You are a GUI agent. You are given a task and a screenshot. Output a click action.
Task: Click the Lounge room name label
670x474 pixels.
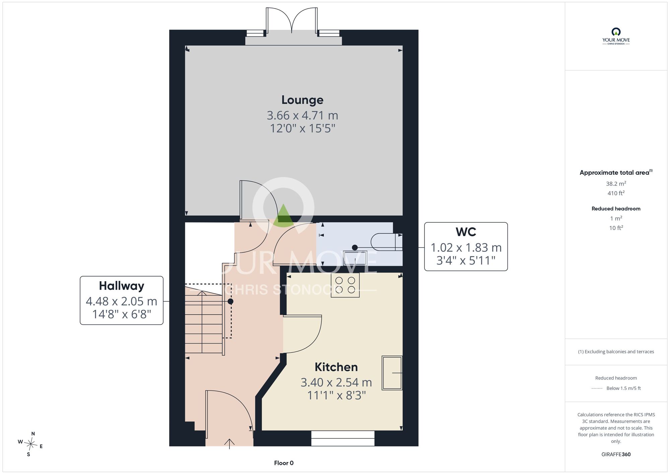(302, 100)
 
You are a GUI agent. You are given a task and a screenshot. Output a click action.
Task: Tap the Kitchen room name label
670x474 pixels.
(336, 367)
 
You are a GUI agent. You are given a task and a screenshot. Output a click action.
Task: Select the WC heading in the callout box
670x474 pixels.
(466, 232)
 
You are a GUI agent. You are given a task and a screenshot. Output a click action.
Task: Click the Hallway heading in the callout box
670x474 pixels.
(122, 286)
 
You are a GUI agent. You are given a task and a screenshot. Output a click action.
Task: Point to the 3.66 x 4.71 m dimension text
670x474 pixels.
(302, 115)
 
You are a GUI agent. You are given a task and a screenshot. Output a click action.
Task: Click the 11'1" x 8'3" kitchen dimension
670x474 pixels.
(336, 396)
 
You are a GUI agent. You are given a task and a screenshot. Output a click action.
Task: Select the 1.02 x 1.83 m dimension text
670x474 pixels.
(466, 248)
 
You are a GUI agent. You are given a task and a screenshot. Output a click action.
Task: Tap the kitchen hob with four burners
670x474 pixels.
(345, 285)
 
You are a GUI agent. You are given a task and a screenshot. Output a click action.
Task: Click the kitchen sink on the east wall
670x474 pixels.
(392, 373)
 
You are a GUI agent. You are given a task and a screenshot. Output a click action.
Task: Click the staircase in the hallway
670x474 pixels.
(204, 318)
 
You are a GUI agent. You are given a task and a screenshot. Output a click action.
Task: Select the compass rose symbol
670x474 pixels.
(30, 445)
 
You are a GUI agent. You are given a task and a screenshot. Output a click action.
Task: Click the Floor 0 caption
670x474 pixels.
(284, 463)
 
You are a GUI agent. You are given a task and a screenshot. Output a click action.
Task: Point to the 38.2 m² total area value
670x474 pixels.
(616, 183)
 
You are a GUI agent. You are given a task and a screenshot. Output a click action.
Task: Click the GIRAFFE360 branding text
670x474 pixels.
(616, 455)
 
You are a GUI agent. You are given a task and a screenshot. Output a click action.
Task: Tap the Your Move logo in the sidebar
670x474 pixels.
(616, 36)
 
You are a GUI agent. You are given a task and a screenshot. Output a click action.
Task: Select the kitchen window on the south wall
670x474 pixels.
(343, 438)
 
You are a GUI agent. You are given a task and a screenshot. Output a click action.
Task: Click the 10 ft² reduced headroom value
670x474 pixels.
(616, 228)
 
